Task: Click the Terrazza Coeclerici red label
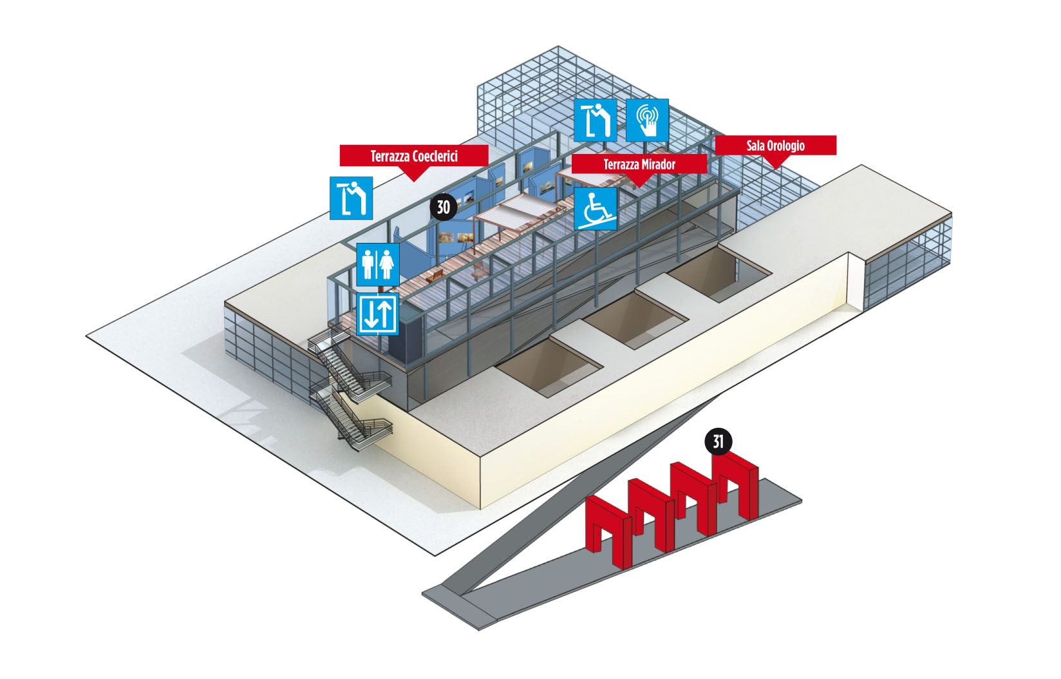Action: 414,157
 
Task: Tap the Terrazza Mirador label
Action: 639,164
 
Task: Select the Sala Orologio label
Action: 775,146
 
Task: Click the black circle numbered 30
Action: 444,207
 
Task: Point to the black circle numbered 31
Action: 718,442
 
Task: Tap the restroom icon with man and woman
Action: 377,264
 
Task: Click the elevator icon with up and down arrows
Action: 377,314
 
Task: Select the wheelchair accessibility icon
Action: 596,209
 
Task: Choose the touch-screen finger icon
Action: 647,120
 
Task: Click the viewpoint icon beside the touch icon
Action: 596,120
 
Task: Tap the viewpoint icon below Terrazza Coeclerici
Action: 351,198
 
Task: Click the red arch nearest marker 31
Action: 736,483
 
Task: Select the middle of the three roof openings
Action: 635,318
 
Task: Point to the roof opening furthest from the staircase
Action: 720,273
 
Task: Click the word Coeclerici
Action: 435,157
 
